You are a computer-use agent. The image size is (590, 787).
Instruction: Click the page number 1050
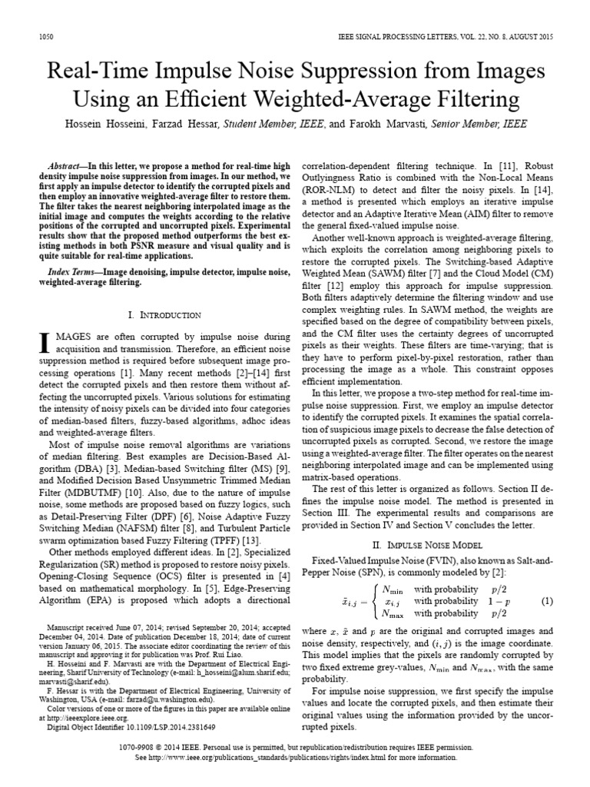click(x=45, y=38)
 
